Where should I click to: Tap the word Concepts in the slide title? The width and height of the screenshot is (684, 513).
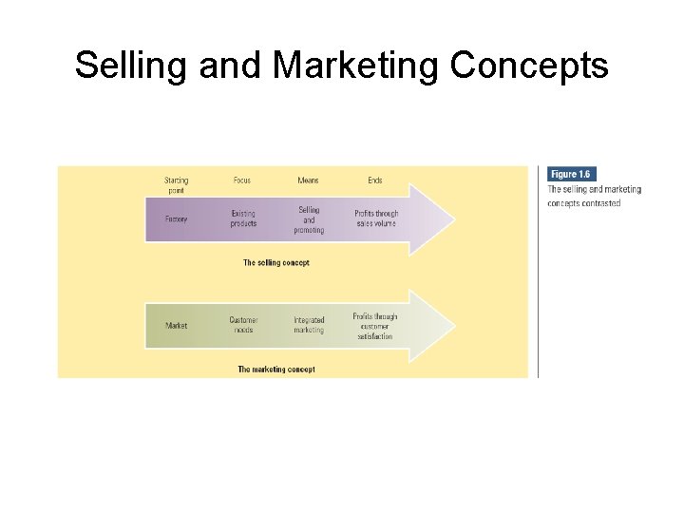tap(528, 66)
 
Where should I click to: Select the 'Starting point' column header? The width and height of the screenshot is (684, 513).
tap(176, 184)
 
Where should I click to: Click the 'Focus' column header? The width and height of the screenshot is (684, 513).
tap(242, 180)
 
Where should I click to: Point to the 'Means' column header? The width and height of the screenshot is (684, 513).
tap(308, 180)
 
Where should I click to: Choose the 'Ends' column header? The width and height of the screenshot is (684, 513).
tap(375, 180)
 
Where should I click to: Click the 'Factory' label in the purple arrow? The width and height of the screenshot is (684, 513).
tap(176, 219)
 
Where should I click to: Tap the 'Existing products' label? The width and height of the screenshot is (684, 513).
tap(243, 218)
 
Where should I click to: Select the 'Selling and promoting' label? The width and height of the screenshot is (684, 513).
tap(309, 219)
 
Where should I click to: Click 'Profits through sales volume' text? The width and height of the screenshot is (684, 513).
tap(376, 218)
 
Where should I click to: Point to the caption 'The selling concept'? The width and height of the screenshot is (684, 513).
tap(275, 262)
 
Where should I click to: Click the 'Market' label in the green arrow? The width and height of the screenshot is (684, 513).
tap(176, 326)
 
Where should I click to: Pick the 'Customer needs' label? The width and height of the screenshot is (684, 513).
tap(243, 325)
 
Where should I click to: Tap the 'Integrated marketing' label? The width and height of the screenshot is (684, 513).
tap(309, 325)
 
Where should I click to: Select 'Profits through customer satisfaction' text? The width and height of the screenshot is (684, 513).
tap(375, 326)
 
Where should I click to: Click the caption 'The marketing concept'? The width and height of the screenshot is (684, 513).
tap(275, 369)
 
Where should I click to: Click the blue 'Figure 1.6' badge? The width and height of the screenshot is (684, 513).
tap(571, 174)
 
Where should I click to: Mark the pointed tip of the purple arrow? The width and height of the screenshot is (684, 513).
tap(454, 219)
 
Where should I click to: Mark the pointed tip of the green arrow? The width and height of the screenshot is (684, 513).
tap(454, 326)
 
